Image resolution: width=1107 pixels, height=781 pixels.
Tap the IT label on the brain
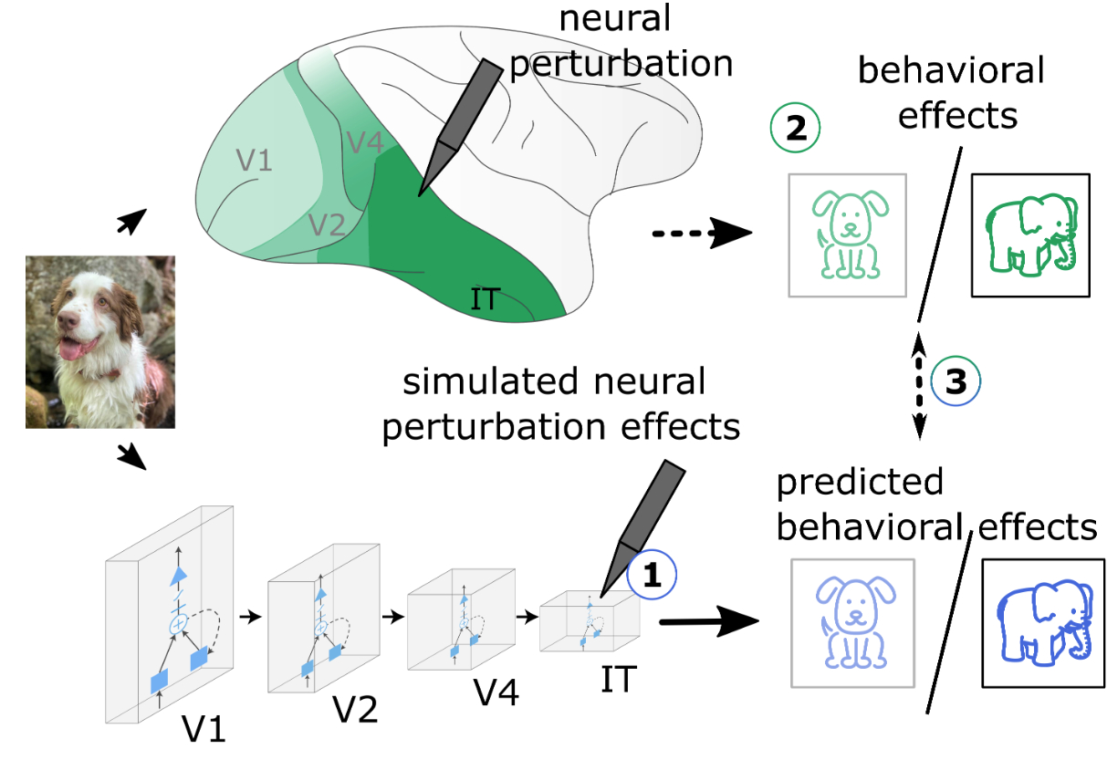(x=484, y=298)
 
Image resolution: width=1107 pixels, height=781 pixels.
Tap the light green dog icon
(x=848, y=234)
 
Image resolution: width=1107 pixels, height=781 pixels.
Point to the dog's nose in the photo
(x=67, y=320)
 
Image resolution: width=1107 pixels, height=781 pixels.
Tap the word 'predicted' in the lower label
(x=860, y=483)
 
